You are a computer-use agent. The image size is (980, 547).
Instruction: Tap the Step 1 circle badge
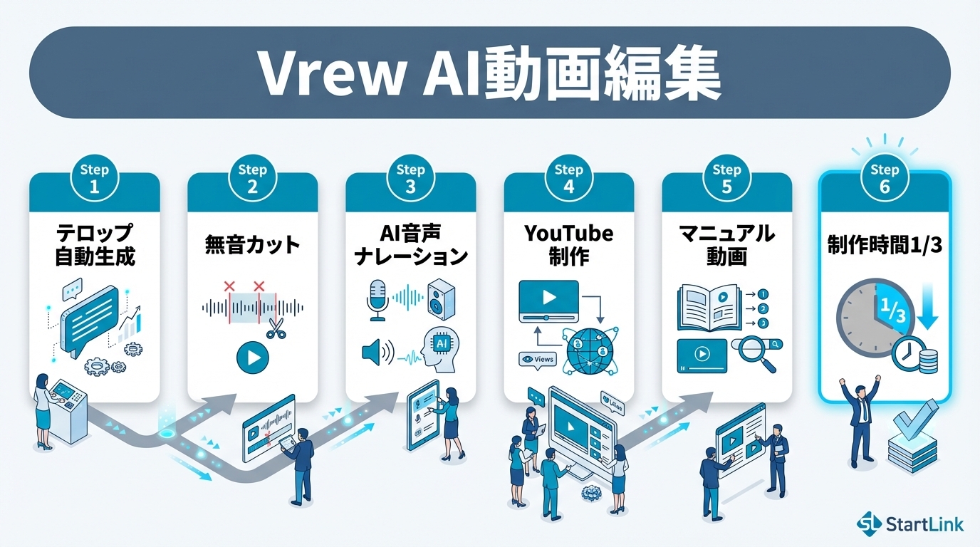click(x=94, y=179)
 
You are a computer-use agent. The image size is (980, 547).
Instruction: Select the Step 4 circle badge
click(x=568, y=179)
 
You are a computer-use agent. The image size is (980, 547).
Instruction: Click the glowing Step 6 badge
click(x=885, y=179)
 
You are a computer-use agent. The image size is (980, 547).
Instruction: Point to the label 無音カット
click(x=252, y=246)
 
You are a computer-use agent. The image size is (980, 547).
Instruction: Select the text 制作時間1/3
click(x=885, y=246)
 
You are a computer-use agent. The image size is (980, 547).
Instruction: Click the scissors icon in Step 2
click(x=275, y=328)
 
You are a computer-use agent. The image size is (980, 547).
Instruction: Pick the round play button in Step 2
click(x=253, y=358)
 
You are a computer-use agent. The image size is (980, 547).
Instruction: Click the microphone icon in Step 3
click(x=377, y=299)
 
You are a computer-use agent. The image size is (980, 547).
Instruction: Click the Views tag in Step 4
click(x=538, y=360)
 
